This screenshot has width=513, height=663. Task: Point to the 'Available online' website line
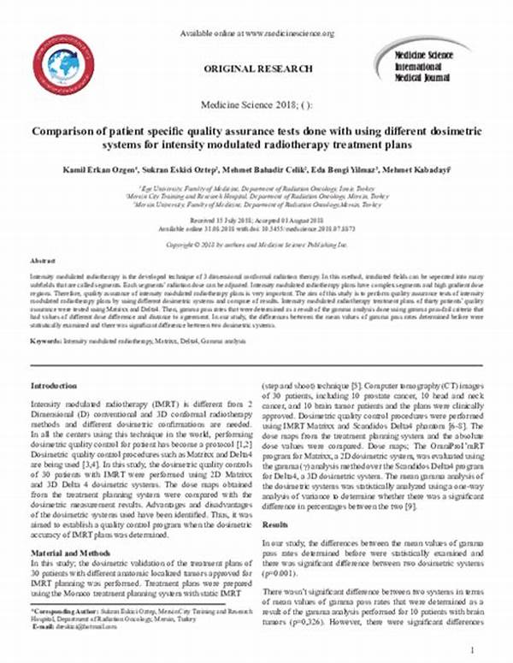257,33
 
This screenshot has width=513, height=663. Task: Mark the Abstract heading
43,258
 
